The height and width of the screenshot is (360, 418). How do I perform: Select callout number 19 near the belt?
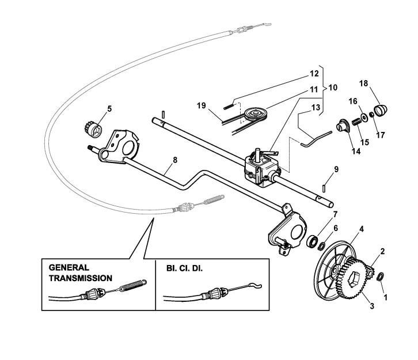tap(201, 105)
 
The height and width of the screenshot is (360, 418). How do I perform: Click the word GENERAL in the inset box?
tap(69, 268)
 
